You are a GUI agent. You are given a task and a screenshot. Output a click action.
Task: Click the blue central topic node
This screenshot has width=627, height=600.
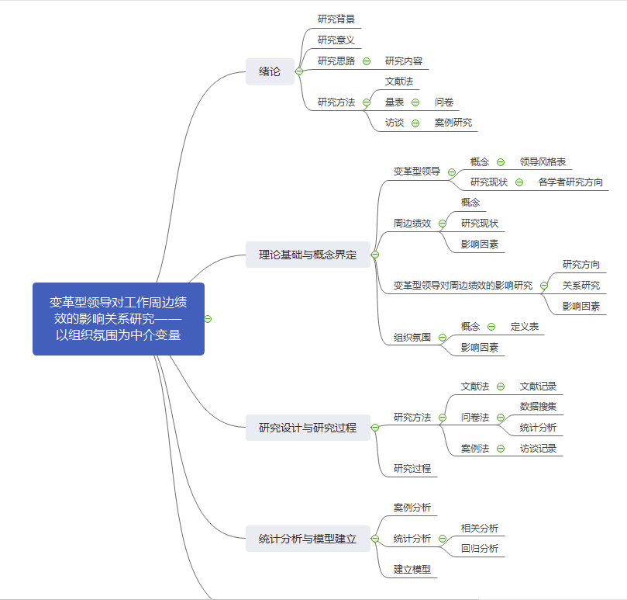pyautogui.click(x=118, y=318)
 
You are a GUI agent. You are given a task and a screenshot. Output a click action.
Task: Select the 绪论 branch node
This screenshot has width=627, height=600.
pyautogui.click(x=270, y=71)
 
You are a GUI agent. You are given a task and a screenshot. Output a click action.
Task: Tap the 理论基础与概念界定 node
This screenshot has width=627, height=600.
pyautogui.click(x=308, y=255)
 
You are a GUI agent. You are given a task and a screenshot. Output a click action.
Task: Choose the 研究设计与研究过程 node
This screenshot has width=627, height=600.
pyautogui.click(x=308, y=427)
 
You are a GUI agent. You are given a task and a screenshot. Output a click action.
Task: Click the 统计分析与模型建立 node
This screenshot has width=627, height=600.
pyautogui.click(x=308, y=539)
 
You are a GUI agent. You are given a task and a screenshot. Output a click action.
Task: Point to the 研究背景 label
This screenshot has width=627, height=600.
pyautogui.click(x=336, y=19)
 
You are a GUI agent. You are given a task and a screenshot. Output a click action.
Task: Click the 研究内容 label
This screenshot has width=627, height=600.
pyautogui.click(x=404, y=61)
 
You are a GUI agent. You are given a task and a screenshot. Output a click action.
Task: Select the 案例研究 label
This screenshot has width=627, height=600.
pyautogui.click(x=453, y=123)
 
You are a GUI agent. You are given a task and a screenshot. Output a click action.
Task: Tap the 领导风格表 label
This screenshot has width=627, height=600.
pyautogui.click(x=543, y=162)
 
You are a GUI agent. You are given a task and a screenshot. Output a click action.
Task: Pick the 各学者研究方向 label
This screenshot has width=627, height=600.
pyautogui.click(x=570, y=182)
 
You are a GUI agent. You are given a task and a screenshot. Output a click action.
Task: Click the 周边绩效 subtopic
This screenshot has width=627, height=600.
pyautogui.click(x=412, y=224)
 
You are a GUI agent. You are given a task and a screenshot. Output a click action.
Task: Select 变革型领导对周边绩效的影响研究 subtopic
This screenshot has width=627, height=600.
pyautogui.click(x=463, y=286)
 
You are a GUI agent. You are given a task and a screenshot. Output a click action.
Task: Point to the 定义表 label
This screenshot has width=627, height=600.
pyautogui.click(x=525, y=327)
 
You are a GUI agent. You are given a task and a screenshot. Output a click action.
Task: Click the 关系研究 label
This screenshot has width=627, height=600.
pyautogui.click(x=581, y=286)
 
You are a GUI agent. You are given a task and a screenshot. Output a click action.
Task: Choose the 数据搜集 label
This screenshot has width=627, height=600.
pyautogui.click(x=538, y=407)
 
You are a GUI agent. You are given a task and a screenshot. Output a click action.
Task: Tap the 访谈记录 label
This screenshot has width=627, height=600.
pyautogui.click(x=538, y=448)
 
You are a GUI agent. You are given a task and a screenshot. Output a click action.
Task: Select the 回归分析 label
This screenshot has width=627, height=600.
pyautogui.click(x=480, y=549)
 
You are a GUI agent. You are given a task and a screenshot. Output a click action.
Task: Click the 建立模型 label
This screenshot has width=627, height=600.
pyautogui.click(x=412, y=570)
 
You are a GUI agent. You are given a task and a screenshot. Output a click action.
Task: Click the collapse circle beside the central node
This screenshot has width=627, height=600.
pyautogui.click(x=208, y=318)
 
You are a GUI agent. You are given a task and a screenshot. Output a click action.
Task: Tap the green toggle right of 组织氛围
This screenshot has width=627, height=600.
pyautogui.click(x=443, y=338)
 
